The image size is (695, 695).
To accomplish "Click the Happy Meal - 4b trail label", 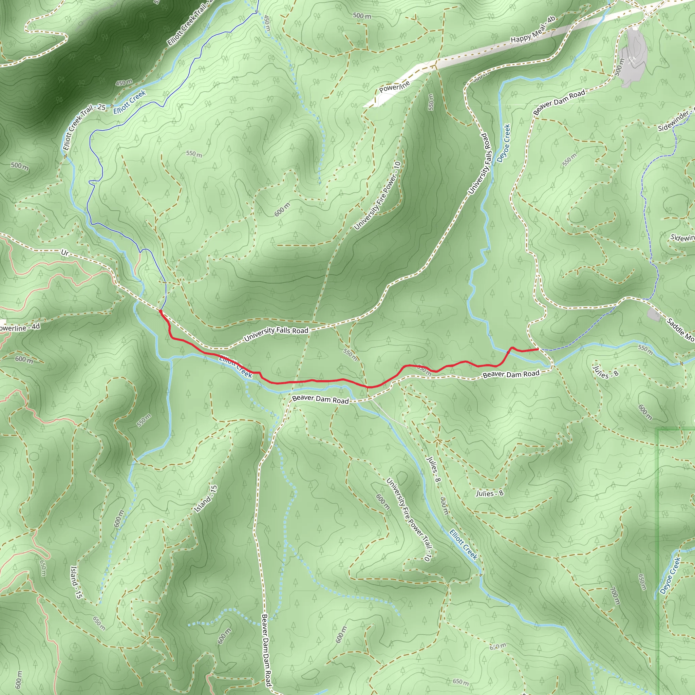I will point(533,30).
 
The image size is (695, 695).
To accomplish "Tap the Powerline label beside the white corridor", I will point(394,87).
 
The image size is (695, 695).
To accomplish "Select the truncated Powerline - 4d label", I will point(20,327).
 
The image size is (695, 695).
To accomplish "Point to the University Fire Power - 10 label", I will point(377,196).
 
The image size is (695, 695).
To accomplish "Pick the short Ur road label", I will point(65,253).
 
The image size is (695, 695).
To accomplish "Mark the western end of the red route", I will point(160,311).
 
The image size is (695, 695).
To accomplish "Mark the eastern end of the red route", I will point(538,349).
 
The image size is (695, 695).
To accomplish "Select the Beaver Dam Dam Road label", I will point(266,650).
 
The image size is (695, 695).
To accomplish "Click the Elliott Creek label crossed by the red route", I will point(236,367).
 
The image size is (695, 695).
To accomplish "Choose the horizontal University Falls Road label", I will point(276,334).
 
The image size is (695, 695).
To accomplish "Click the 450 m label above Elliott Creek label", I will point(124,82).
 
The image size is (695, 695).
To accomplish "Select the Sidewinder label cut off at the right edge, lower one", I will point(682,238).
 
